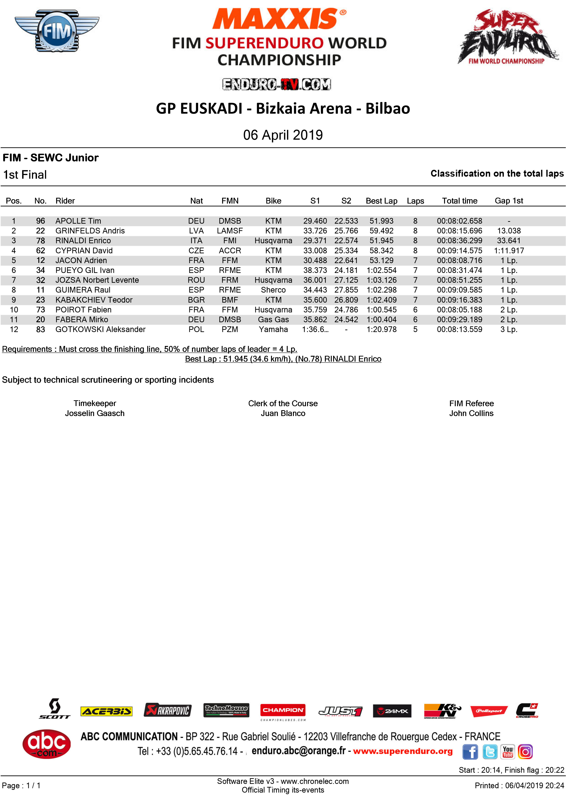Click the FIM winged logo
pos(57,31)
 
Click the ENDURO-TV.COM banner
pos(276,84)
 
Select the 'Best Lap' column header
pos(381,201)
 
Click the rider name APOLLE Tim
pos(78,221)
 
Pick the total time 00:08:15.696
pos(459,231)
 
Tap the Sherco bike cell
pos(273,290)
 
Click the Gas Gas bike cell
pos(273,319)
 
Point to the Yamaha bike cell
pos(273,329)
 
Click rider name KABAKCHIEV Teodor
pos(94,300)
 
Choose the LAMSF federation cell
pos(230,231)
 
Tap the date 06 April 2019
pos(283,135)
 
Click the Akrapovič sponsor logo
pos(168,710)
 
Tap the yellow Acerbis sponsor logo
pos(106,711)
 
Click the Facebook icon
pos(470,751)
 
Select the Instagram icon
pos(525,751)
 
